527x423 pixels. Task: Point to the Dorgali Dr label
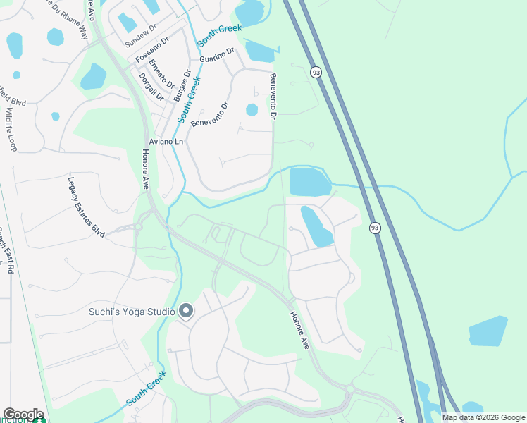click(x=151, y=87)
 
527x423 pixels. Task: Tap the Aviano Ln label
click(x=169, y=142)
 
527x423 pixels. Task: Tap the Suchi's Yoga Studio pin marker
click(x=186, y=310)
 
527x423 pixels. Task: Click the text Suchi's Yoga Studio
click(x=132, y=311)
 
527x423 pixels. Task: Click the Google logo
click(x=23, y=415)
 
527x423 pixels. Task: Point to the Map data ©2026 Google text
click(x=483, y=417)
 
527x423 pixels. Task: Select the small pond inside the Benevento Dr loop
click(x=252, y=109)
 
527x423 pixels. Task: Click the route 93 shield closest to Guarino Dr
click(x=315, y=72)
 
